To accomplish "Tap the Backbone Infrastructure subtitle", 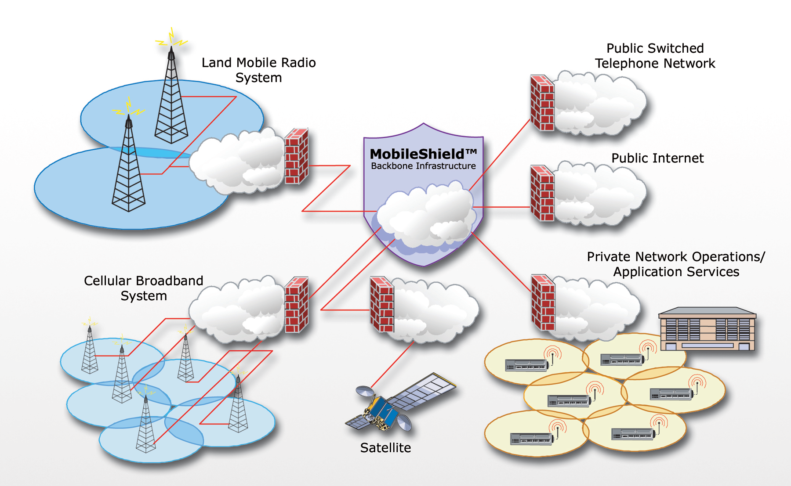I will point(423,166).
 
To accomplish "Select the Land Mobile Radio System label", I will point(258,70).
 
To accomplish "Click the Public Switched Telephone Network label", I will point(655,56).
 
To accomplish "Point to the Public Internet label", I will point(657,158).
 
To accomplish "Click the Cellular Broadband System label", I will point(144,288).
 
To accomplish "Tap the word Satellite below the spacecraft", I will point(385,448).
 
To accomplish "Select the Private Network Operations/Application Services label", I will point(676,264).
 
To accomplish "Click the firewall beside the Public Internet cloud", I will point(542,193).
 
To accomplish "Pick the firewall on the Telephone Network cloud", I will point(542,103).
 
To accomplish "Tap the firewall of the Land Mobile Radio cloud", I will point(297,156).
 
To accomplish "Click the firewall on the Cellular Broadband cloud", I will point(297,305).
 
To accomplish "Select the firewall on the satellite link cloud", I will point(381,304).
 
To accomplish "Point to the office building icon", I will point(708,329).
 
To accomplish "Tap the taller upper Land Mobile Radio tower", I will point(171,101).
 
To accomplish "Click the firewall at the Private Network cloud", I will point(543,302).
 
